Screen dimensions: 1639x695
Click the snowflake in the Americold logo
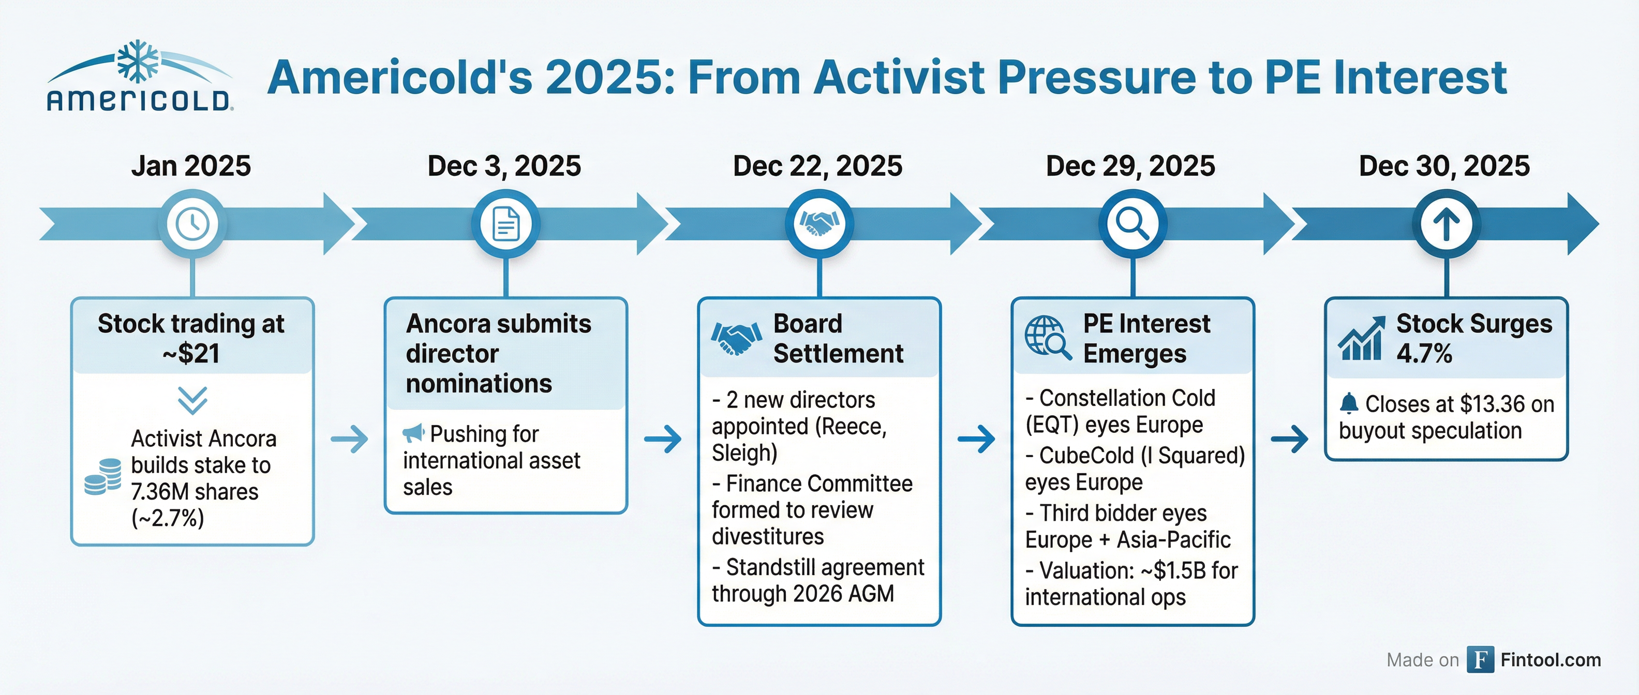138,62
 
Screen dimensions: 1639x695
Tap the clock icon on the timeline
192,224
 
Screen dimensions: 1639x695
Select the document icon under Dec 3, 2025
506,224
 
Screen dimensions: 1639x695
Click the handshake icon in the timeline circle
820,222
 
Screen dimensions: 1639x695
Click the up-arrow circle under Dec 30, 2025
1446,224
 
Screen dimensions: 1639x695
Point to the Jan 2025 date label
191,166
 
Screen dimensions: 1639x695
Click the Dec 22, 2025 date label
817,166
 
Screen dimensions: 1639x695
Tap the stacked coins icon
102,476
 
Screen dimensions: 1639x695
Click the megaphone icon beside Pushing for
413,434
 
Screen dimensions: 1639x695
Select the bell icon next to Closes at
1349,403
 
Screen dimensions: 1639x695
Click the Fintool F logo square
1481,659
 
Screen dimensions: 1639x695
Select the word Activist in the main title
899,78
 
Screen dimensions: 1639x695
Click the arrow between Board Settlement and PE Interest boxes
976,439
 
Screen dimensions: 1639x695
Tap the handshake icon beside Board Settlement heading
736,338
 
